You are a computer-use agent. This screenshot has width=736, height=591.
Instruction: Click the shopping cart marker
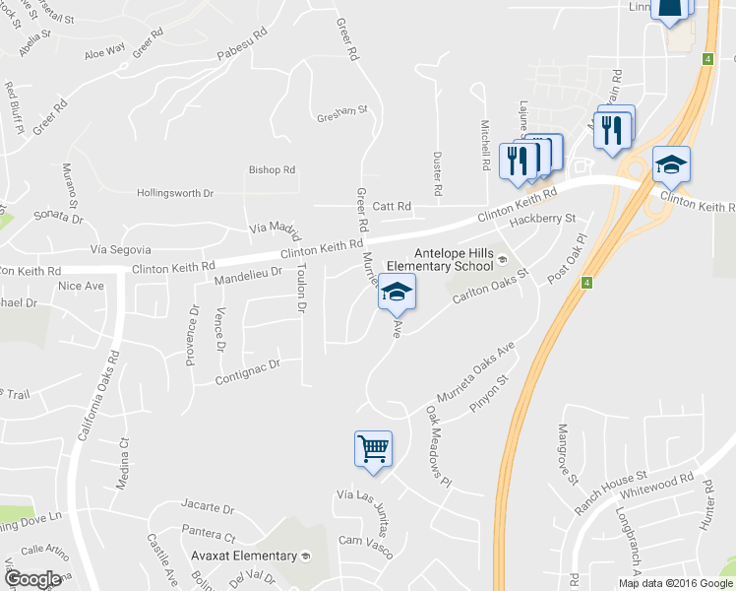tap(373, 448)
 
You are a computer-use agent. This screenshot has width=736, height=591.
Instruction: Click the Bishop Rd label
tap(272, 170)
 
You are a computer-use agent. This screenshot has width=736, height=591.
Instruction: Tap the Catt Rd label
tap(391, 206)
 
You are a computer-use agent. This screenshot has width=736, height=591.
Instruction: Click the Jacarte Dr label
tap(207, 510)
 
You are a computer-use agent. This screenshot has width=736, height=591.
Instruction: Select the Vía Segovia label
tap(120, 250)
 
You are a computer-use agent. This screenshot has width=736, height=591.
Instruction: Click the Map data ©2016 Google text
tap(675, 583)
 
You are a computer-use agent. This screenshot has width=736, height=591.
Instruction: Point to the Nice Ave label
tap(81, 287)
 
